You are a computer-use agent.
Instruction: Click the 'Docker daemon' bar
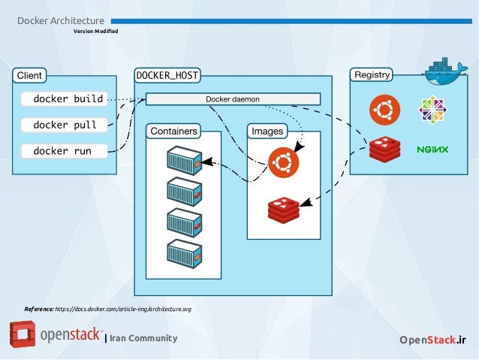pyautogui.click(x=233, y=98)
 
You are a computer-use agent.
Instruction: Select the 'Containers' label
pyautogui.click(x=173, y=132)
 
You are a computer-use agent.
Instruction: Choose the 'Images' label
pyautogui.click(x=267, y=132)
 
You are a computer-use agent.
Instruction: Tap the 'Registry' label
pyautogui.click(x=372, y=75)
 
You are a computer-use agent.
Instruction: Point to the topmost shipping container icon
pyautogui.click(x=184, y=161)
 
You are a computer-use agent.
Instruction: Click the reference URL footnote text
pyautogui.click(x=107, y=309)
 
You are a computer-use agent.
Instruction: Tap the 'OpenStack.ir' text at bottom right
pyautogui.click(x=432, y=340)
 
